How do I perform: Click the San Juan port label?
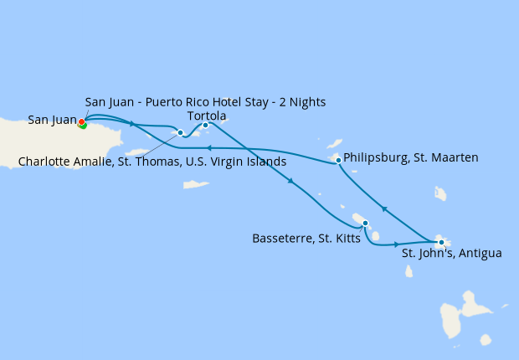52,120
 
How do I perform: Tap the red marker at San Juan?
81,122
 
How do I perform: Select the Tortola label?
207,116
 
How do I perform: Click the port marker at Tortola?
205,126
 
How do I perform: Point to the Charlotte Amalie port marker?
180,132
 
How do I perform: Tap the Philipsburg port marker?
338,160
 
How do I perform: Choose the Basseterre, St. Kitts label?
306,239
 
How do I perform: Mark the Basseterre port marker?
366,223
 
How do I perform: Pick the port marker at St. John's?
441,243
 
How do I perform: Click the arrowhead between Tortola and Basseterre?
290,183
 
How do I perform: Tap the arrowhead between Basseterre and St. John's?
397,244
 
